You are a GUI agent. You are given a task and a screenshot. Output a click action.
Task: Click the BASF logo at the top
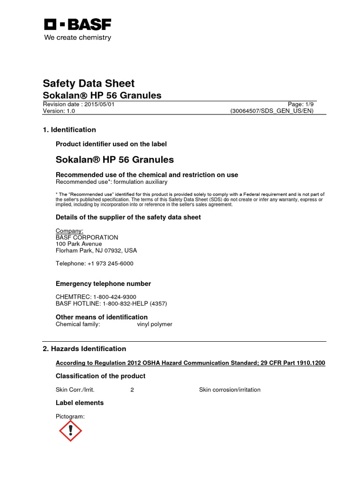coord(77,25)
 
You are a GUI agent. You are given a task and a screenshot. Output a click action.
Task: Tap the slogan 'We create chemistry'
coord(77,37)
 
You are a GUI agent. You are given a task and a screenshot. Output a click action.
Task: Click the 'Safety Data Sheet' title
coord(89,83)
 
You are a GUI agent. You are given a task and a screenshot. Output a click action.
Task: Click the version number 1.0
coord(70,111)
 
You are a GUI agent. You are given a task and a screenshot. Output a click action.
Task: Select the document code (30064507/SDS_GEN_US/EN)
coord(271,111)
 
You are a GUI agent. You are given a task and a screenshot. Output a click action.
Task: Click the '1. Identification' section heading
coord(69,130)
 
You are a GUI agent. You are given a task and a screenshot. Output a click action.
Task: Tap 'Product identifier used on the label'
coord(111,144)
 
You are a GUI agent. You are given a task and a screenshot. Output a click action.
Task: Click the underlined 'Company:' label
coord(69,231)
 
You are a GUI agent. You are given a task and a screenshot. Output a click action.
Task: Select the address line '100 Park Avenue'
coord(79,244)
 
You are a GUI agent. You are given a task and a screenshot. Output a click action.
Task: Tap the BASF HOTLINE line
coord(111,303)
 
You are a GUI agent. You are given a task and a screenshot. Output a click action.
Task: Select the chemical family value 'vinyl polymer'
coord(154,324)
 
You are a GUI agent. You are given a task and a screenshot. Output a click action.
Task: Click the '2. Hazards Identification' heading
coord(84,349)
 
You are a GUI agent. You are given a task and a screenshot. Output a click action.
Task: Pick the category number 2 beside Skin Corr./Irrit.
coord(132,390)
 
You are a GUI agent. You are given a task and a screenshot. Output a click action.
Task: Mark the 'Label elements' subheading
coord(80,403)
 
